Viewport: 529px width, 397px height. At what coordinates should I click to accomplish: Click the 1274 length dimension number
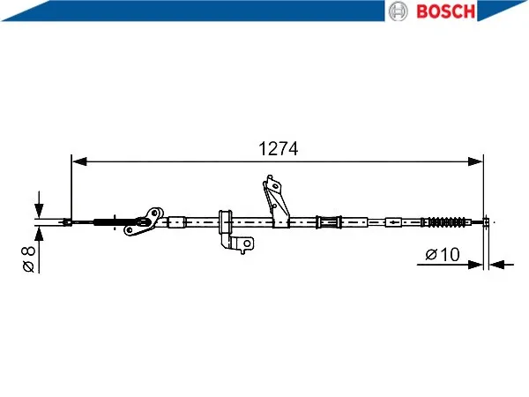click(x=278, y=149)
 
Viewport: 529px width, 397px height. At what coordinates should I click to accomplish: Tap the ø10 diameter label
click(x=443, y=254)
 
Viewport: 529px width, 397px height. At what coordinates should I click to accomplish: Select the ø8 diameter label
click(x=28, y=259)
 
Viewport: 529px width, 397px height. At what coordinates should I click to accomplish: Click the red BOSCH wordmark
click(x=445, y=11)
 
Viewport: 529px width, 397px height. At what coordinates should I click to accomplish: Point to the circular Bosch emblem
click(x=399, y=11)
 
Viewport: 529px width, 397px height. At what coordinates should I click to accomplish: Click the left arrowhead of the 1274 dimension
click(x=79, y=161)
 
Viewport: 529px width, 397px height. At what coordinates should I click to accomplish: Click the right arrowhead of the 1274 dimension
click(x=476, y=161)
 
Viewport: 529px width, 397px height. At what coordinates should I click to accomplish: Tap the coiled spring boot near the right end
click(x=446, y=222)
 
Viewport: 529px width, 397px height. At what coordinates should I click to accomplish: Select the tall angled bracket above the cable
click(x=276, y=201)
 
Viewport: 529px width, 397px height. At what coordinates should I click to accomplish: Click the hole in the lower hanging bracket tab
click(x=247, y=243)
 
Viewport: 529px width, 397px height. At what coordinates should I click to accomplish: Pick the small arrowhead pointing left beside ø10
click(x=497, y=265)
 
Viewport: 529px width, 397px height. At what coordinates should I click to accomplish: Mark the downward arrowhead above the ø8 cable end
click(x=39, y=210)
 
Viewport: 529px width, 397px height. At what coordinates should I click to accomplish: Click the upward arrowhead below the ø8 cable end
click(x=39, y=234)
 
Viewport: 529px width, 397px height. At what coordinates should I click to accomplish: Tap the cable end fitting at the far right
click(x=486, y=222)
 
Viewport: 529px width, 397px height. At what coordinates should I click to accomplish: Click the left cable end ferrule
click(x=68, y=222)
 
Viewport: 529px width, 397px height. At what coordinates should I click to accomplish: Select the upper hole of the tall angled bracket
click(x=276, y=186)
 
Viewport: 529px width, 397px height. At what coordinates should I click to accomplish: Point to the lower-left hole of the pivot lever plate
click(x=130, y=230)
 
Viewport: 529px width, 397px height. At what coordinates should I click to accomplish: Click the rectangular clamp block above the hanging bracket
click(x=226, y=221)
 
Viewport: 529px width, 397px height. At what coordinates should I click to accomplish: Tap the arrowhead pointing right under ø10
click(x=476, y=265)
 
